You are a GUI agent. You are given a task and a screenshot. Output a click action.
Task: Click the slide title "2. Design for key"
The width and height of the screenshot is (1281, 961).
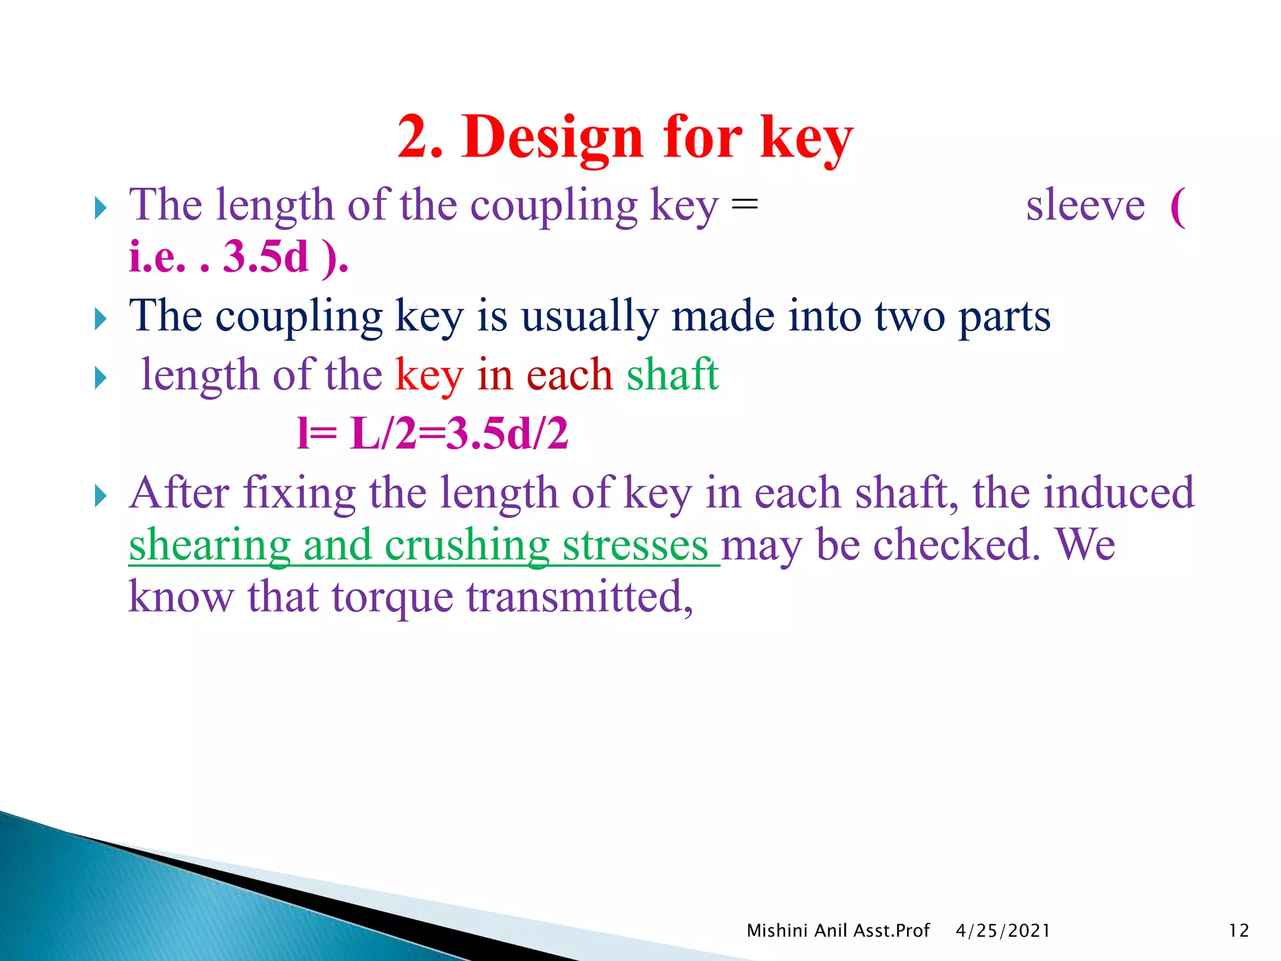625,138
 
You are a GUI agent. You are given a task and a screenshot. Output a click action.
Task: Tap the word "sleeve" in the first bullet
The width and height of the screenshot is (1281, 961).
1085,205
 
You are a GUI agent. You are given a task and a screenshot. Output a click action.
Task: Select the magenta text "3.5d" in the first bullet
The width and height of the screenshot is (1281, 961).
266,257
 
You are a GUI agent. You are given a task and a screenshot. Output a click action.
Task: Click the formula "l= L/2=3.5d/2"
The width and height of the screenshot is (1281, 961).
433,434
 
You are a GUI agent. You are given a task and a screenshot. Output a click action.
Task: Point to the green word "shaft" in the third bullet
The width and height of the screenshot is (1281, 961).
672,375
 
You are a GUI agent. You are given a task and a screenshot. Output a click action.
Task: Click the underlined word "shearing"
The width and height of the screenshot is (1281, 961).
210,545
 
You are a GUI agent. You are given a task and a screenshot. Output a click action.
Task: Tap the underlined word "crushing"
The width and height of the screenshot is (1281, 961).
467,545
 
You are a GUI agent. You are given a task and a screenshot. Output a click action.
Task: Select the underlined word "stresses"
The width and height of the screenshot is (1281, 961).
635,545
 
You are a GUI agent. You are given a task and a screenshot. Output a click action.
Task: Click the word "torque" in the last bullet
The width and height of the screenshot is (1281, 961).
392,597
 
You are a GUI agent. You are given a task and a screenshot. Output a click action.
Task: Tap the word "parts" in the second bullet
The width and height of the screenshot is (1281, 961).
1005,317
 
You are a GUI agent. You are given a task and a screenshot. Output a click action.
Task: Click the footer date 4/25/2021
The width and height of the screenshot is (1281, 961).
1003,931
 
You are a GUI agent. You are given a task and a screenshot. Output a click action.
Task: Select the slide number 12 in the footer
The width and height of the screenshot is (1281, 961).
1238,931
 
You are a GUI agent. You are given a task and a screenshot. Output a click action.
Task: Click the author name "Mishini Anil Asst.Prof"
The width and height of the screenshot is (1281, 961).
838,931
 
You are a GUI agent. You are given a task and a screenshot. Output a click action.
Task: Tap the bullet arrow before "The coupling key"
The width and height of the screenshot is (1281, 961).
101,319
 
